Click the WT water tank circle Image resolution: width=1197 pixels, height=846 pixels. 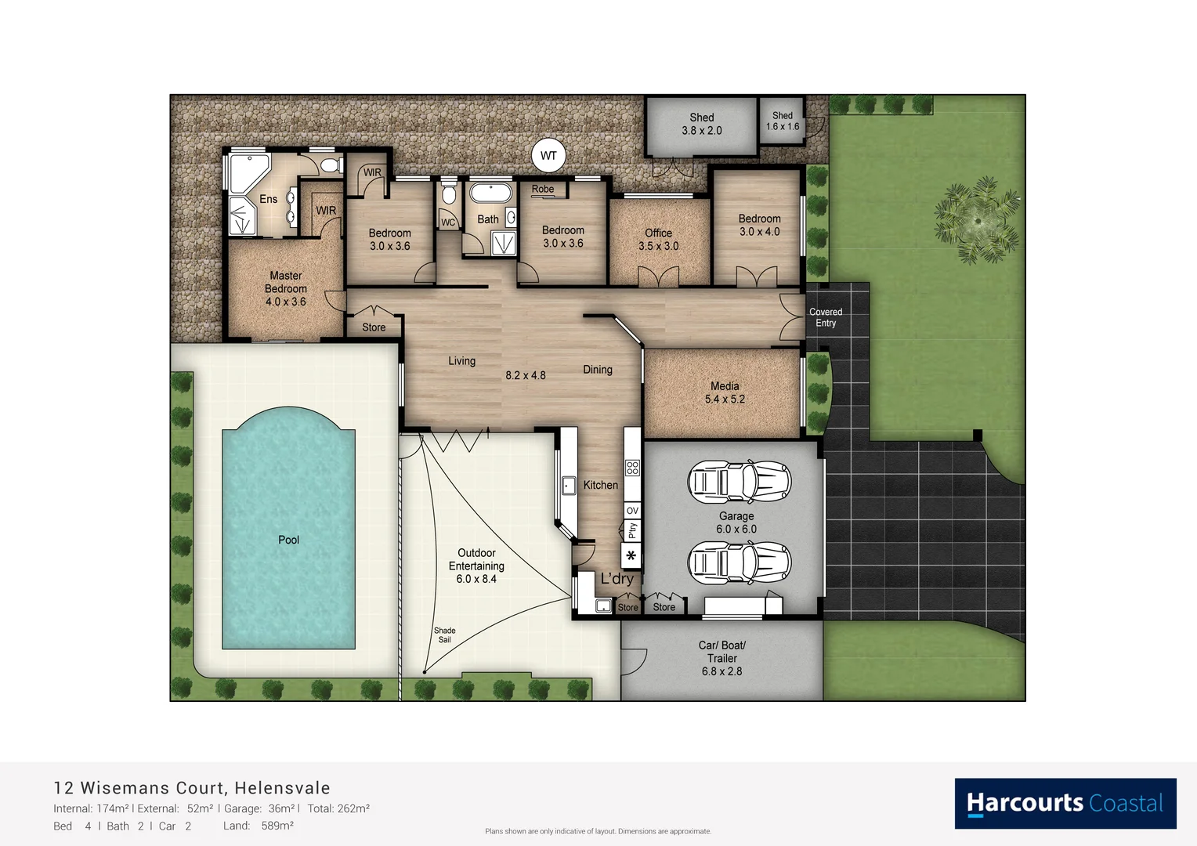[x=548, y=155]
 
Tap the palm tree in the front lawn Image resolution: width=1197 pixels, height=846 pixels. [x=977, y=220]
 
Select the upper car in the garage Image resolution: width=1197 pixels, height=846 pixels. [x=739, y=481]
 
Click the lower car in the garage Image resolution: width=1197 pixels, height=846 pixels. [x=739, y=562]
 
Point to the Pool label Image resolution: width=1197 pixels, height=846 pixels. [x=288, y=540]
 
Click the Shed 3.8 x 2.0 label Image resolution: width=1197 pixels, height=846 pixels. [x=701, y=125]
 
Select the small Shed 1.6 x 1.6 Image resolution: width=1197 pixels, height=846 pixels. [x=782, y=121]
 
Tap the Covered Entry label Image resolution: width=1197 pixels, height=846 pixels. [x=825, y=317]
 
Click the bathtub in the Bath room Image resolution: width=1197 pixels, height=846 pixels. [x=490, y=193]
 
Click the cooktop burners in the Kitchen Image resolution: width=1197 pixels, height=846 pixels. [x=632, y=468]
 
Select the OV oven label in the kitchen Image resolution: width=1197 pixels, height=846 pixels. [x=632, y=510]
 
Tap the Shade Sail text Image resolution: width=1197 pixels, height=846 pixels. [x=444, y=634]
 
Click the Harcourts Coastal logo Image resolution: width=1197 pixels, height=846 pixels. [x=1065, y=803]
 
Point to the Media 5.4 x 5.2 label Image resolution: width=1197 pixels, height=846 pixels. [x=724, y=392]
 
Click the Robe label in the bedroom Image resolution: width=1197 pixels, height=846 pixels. [x=542, y=189]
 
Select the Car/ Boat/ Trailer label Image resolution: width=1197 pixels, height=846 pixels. [x=721, y=658]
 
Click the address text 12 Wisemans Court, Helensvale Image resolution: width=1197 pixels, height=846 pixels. [x=192, y=788]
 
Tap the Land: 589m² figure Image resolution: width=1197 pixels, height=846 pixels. [x=259, y=826]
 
